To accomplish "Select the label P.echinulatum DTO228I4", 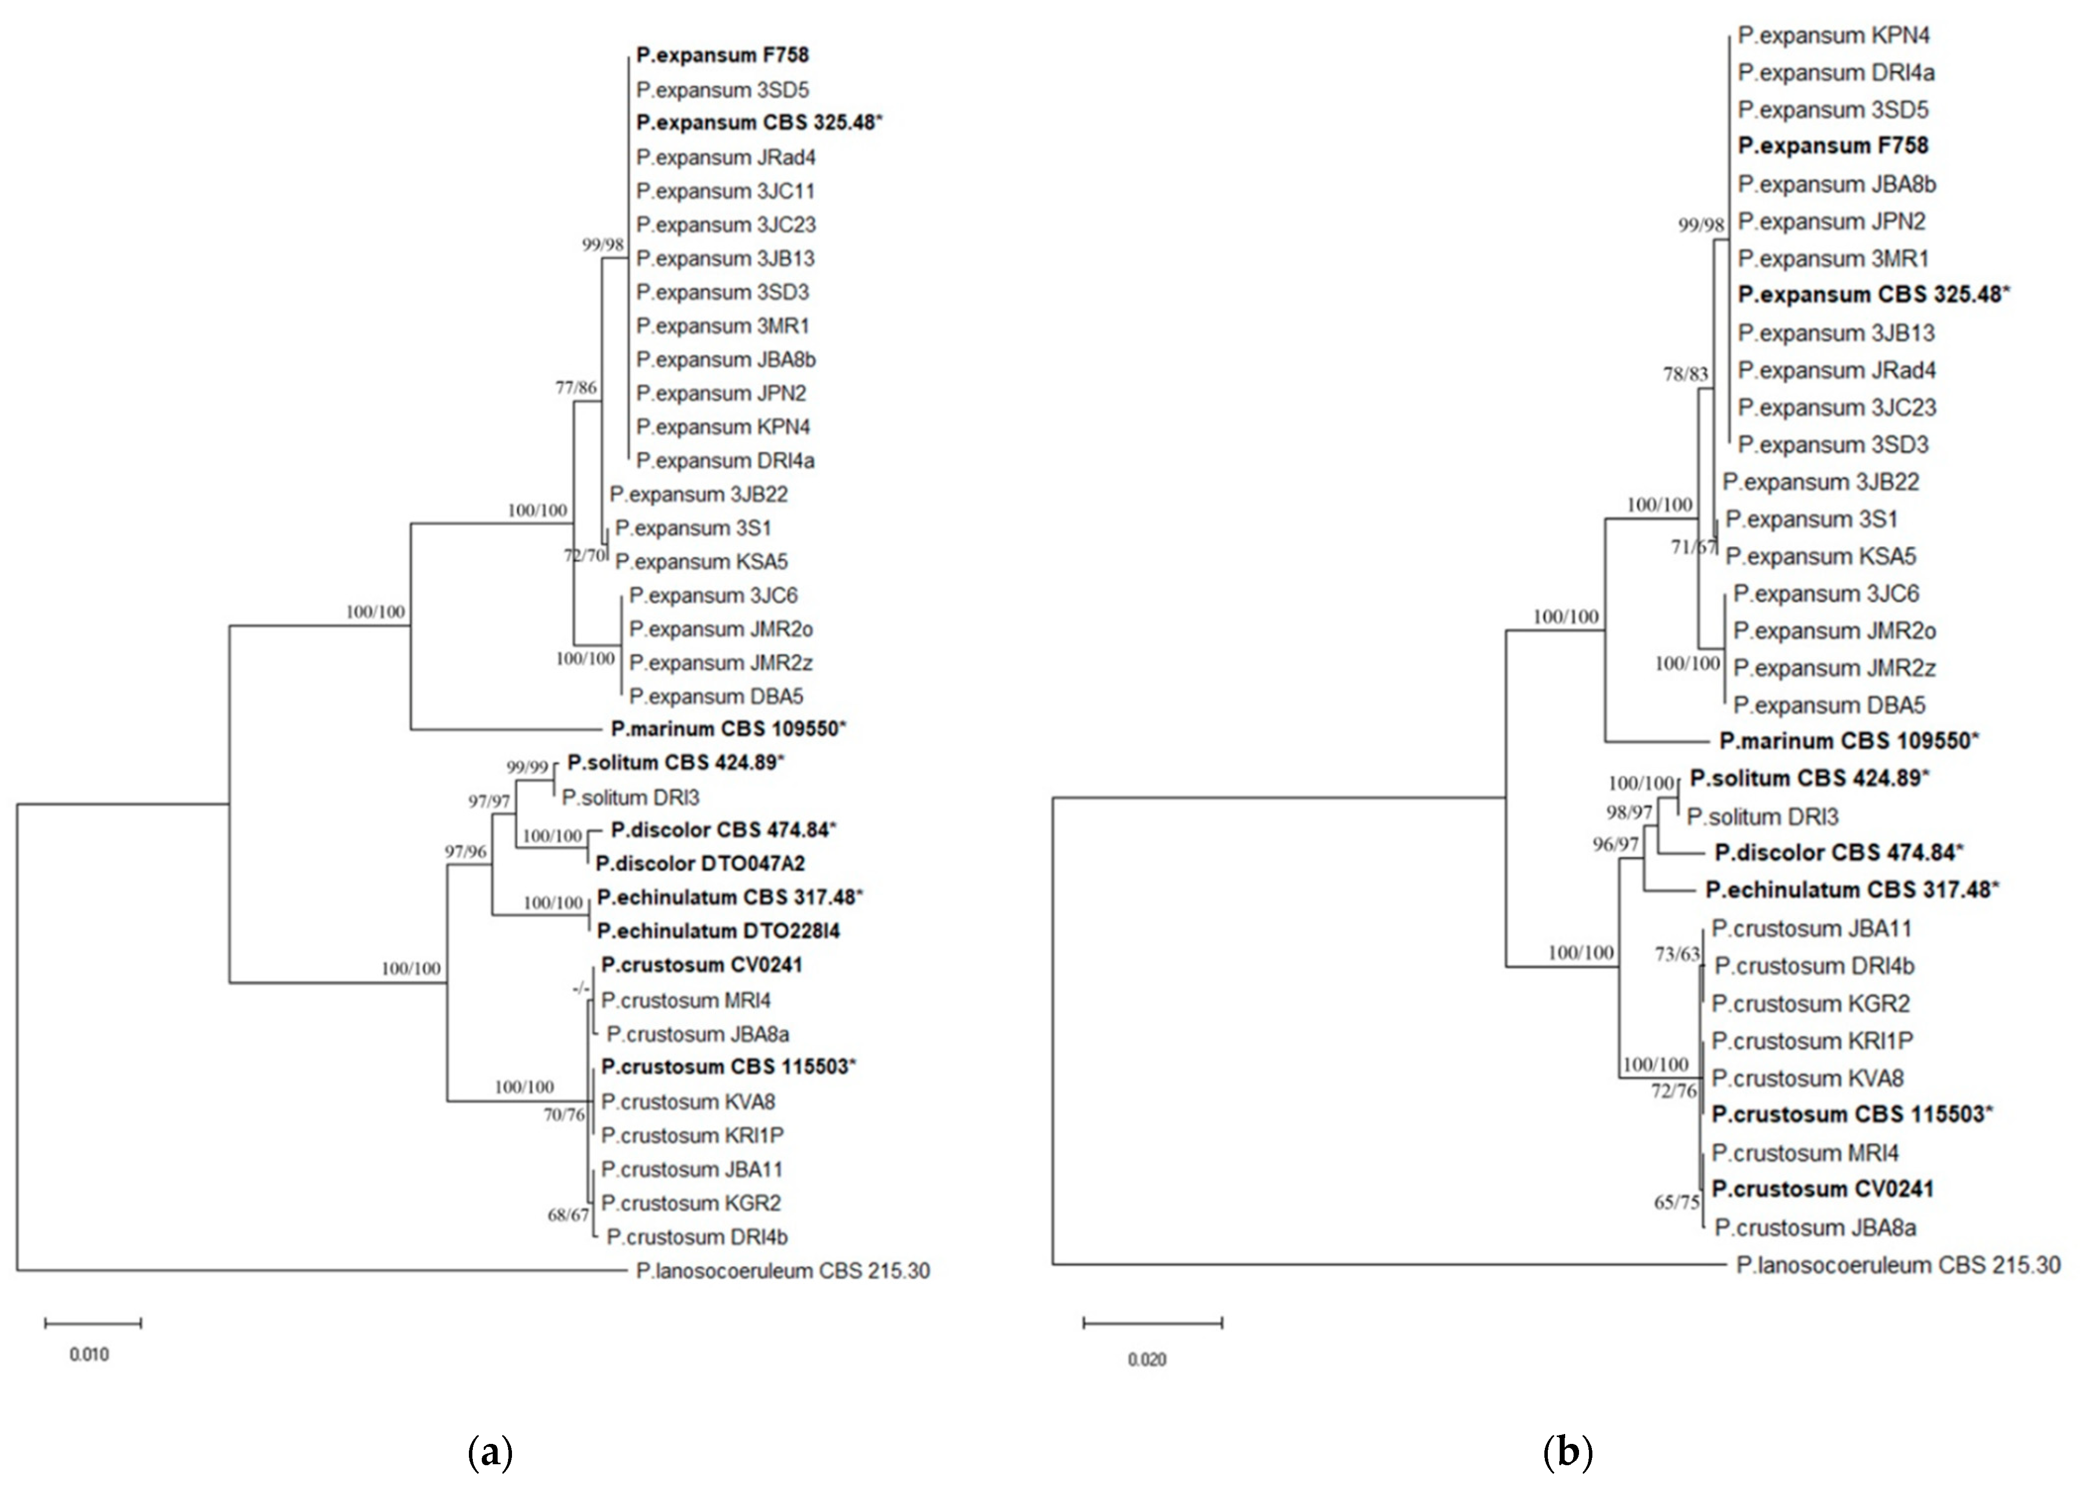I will [718, 931].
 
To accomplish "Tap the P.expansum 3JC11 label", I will [725, 191].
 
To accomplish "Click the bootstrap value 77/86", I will [576, 387].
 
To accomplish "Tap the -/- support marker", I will [580, 989].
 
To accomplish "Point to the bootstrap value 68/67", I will [567, 1215].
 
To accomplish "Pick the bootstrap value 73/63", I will [1677, 954].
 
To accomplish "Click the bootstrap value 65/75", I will [1677, 1202].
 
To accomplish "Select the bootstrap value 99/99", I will [527, 768].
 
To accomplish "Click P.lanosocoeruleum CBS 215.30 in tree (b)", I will [1898, 1266].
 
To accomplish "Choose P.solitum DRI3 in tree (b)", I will [1762, 817].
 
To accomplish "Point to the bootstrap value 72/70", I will [584, 555].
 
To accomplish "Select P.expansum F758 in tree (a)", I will [722, 55].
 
